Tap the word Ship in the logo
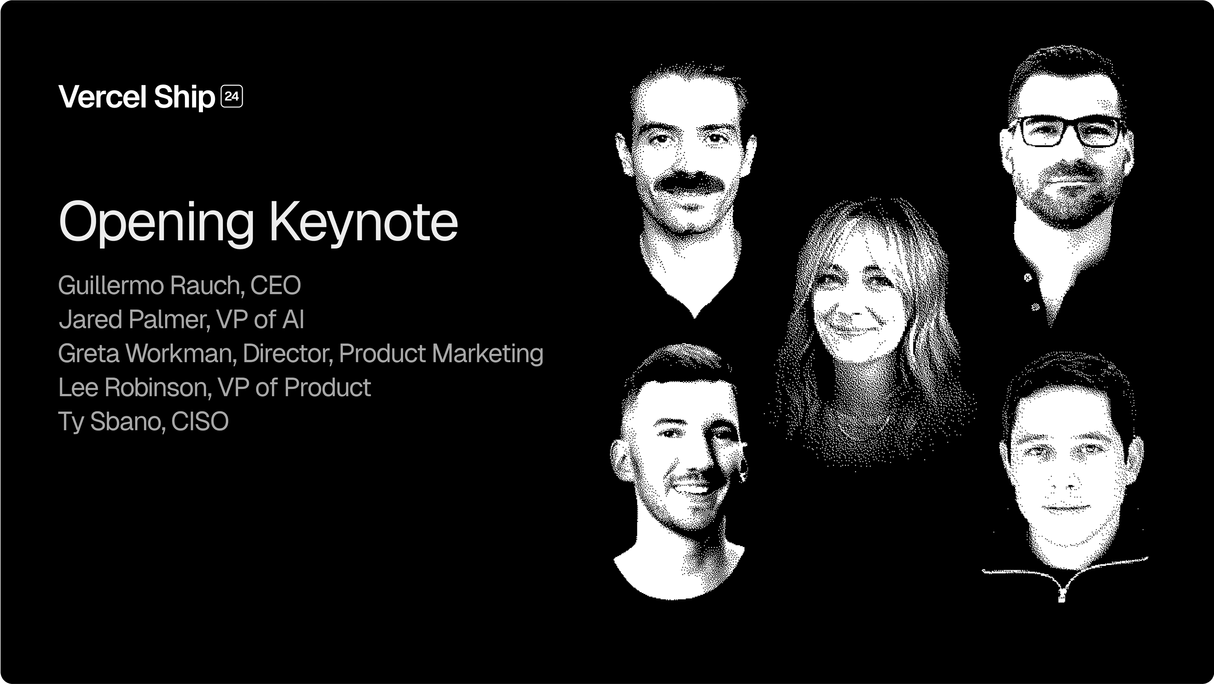point(184,98)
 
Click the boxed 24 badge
point(232,97)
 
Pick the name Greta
point(89,353)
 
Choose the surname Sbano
point(127,421)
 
